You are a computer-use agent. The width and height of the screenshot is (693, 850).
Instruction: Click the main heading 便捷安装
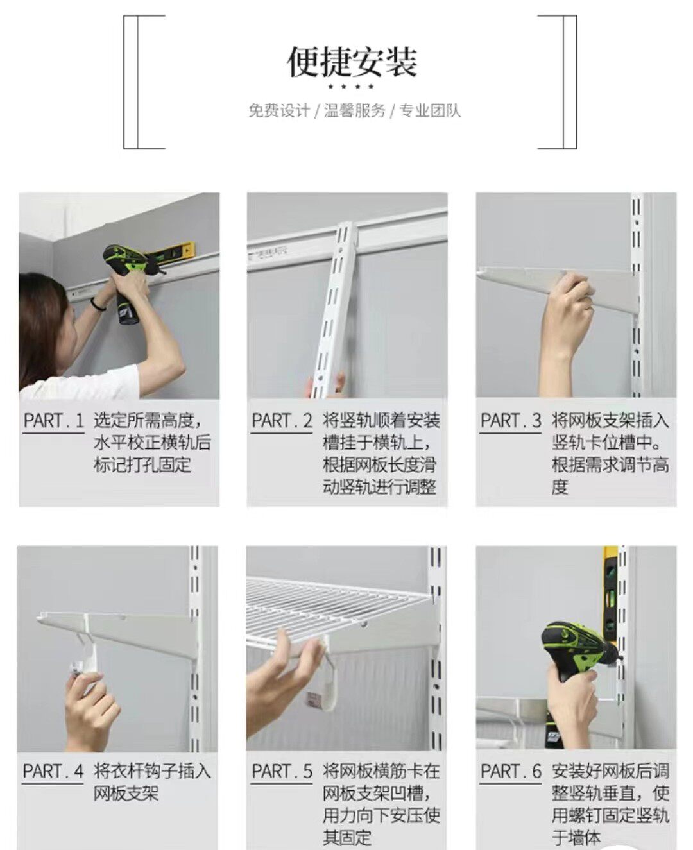pos(352,62)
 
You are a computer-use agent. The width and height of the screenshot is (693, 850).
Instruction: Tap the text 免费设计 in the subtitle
pos(279,110)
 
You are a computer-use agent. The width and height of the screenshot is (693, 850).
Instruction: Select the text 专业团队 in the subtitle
pos(430,110)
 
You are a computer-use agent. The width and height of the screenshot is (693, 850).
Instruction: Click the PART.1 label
pos(53,421)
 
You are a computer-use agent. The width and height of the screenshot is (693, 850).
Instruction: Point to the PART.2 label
pos(282,421)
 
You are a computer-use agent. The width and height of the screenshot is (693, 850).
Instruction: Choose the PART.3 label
pos(511,421)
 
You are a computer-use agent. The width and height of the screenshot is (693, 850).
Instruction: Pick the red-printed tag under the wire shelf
pos(314,701)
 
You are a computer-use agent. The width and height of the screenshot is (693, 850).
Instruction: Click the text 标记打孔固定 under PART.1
pos(142,465)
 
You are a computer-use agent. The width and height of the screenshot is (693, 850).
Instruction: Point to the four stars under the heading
pos(351,87)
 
